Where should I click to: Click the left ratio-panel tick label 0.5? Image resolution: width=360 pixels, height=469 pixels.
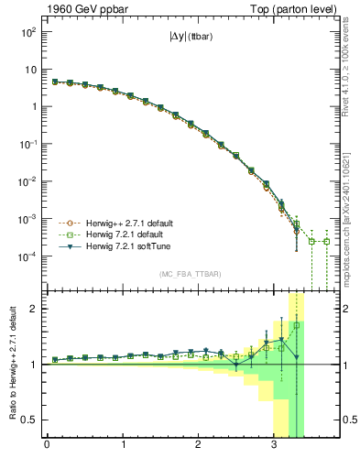tap(31, 420)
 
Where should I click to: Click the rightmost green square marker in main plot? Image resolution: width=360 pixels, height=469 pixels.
tap(327, 242)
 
